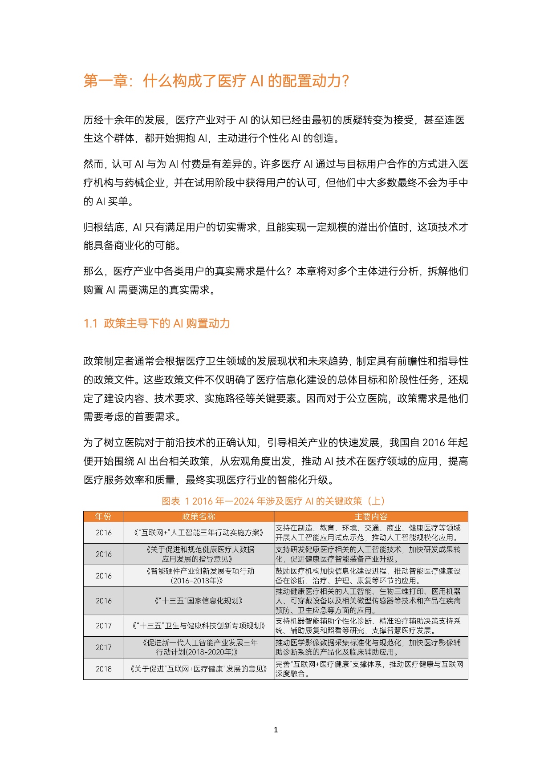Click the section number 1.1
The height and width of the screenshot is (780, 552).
(90, 323)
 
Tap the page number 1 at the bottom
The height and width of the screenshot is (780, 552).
(276, 730)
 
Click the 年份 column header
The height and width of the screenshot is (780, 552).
(103, 517)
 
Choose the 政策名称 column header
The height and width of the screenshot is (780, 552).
(199, 517)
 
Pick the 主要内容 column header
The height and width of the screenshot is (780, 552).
(371, 517)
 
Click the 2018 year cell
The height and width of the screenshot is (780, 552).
(103, 669)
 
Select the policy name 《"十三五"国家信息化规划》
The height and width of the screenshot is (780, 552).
(199, 601)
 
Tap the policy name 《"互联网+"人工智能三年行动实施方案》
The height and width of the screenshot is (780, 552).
(199, 533)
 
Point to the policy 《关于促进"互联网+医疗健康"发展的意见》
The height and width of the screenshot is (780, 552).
(199, 669)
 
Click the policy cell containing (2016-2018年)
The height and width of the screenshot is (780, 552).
(199, 576)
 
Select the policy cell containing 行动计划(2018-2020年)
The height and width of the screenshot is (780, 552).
(199, 647)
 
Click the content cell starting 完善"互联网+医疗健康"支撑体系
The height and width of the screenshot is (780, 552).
(371, 669)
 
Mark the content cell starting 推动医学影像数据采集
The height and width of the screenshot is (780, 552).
(371, 647)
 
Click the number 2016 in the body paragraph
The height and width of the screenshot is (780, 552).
(434, 443)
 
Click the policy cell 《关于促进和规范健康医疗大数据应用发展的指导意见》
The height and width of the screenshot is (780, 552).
(199, 554)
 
